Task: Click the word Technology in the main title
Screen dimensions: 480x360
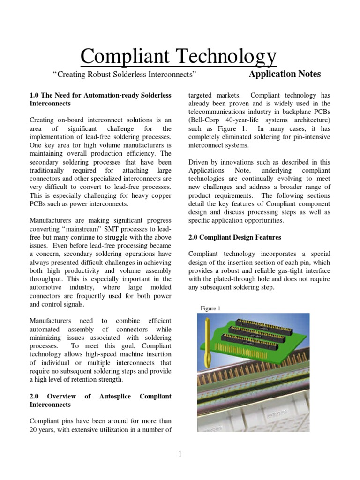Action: (x=228, y=57)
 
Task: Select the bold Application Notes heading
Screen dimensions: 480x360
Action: (x=285, y=74)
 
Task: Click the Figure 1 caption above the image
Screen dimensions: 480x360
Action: (x=210, y=308)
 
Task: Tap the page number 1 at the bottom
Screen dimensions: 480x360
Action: (x=180, y=453)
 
